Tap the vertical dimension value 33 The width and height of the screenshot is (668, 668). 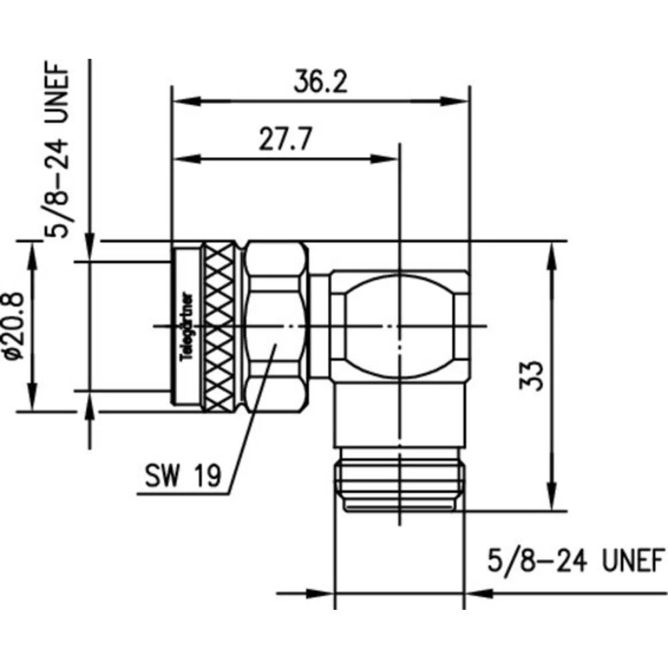point(532,376)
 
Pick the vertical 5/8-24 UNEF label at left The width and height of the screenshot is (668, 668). point(57,150)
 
